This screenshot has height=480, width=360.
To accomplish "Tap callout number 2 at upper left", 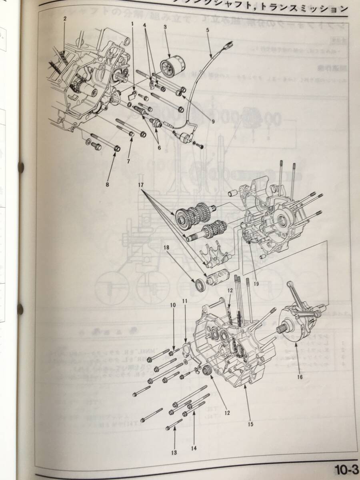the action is (65, 18).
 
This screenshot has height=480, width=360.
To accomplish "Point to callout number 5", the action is (208, 30).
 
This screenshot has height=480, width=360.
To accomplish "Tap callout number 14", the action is (194, 448).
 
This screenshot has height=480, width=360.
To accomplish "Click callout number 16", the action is (300, 376).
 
